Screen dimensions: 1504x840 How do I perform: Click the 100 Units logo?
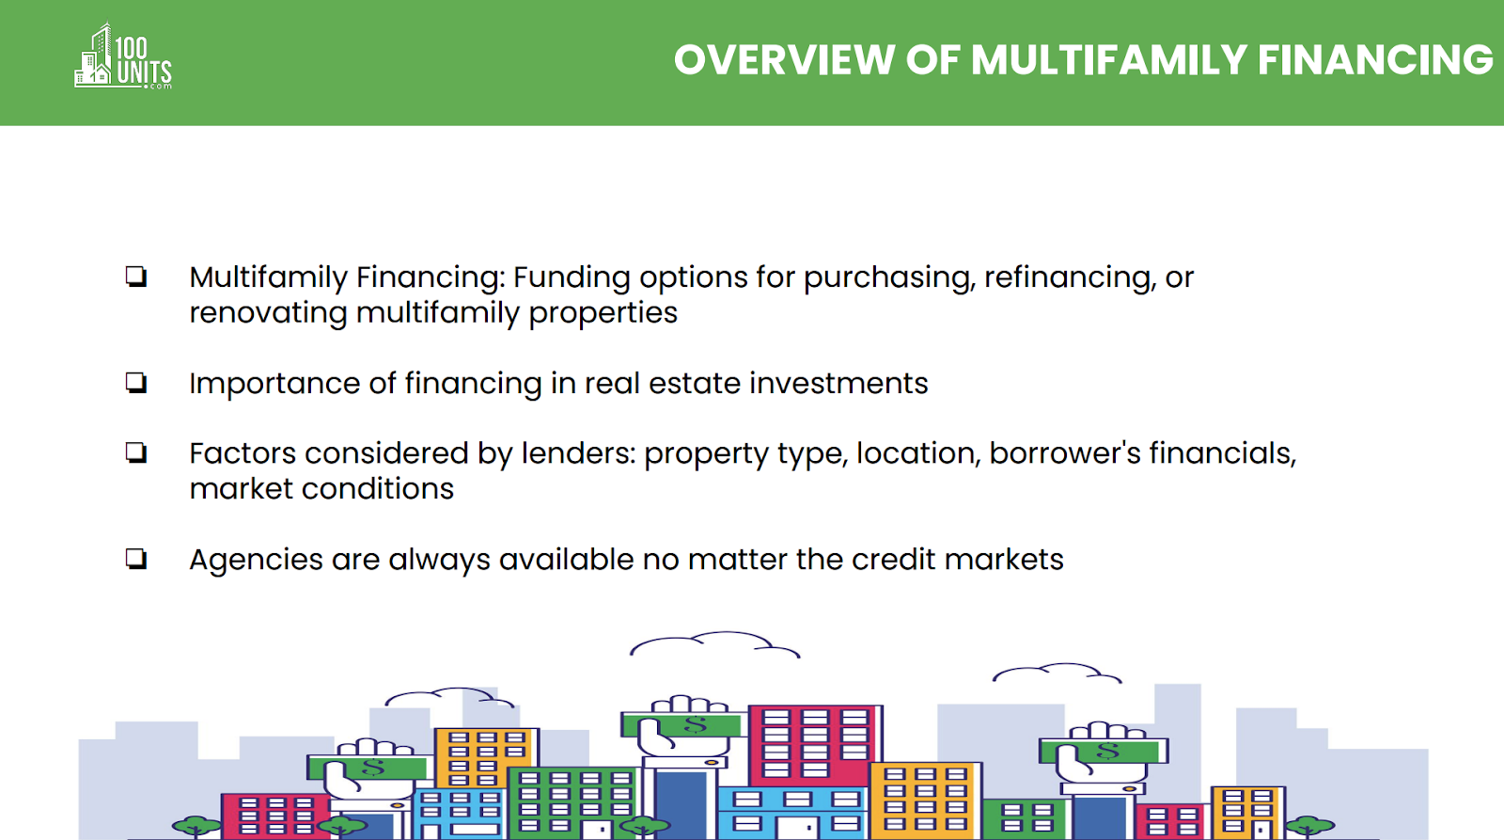click(123, 56)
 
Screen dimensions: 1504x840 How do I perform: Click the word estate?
click(695, 383)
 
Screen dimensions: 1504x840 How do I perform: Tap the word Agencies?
click(256, 561)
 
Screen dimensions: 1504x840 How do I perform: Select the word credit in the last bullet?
click(894, 559)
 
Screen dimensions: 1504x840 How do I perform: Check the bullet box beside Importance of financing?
click(136, 383)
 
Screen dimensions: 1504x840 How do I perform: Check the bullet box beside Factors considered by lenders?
click(136, 453)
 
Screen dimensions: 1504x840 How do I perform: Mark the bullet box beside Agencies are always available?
click(136, 559)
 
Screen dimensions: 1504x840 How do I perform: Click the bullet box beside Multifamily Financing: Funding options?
click(136, 277)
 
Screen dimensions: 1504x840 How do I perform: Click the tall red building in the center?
click(814, 746)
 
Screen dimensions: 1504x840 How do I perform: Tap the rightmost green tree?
click(1309, 825)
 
